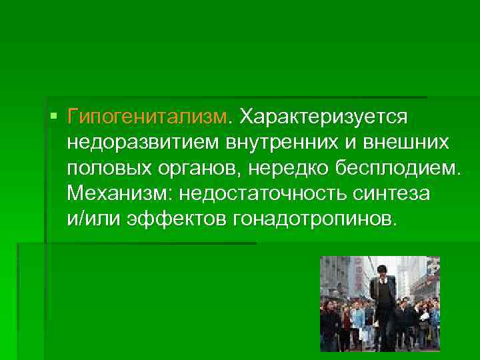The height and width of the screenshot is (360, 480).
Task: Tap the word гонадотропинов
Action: pyautogui.click(x=313, y=219)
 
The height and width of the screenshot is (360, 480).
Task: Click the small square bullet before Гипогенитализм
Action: pyautogui.click(x=53, y=117)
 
